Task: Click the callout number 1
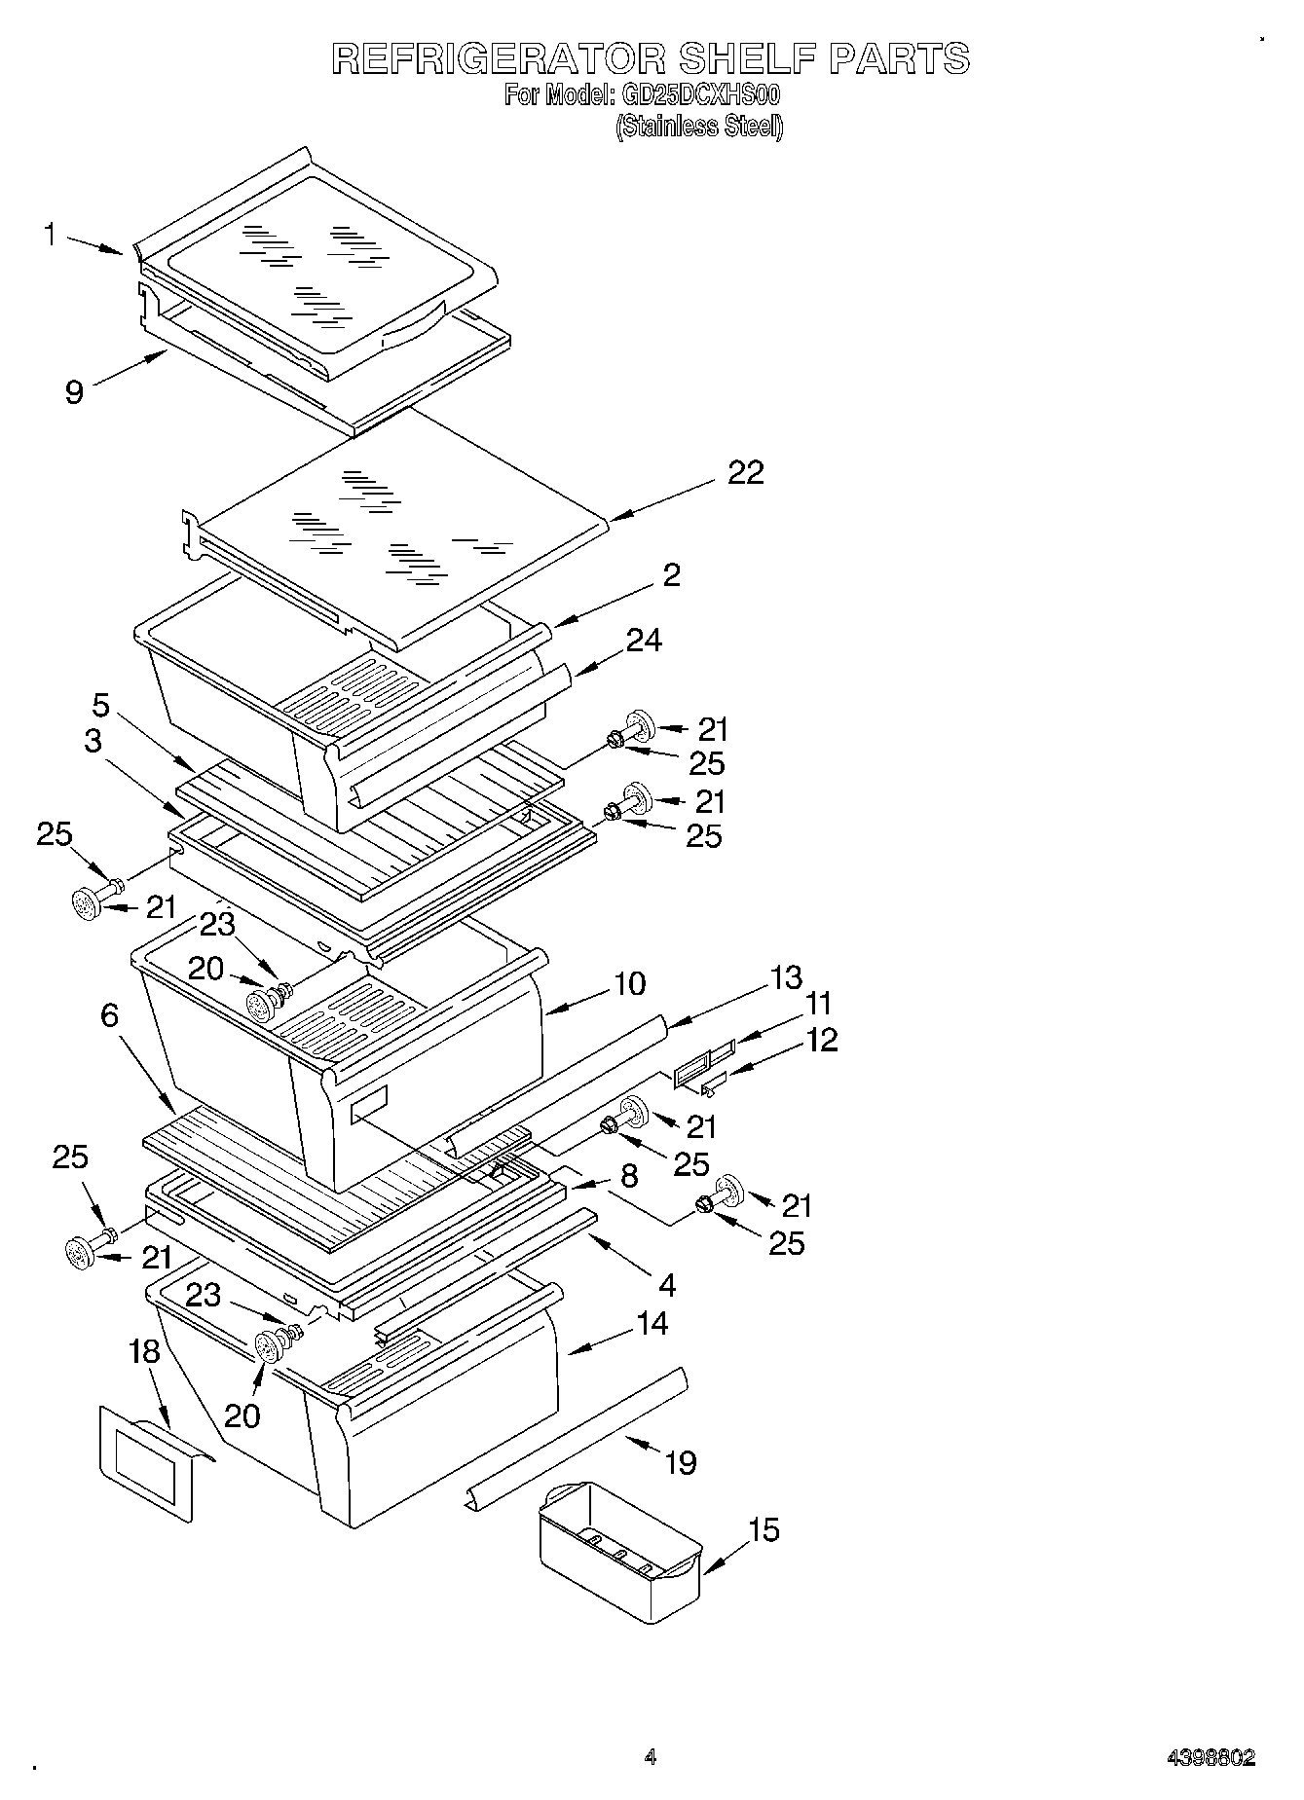click(49, 235)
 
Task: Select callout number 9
click(74, 391)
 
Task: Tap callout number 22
click(745, 472)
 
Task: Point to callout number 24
click(644, 641)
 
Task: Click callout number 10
click(630, 983)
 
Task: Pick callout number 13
click(785, 976)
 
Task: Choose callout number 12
click(822, 1040)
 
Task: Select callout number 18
click(143, 1352)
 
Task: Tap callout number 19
click(680, 1462)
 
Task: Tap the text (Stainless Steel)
click(698, 127)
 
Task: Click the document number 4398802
click(1211, 1758)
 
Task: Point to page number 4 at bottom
click(650, 1757)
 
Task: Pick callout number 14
click(652, 1324)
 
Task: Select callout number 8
click(629, 1176)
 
